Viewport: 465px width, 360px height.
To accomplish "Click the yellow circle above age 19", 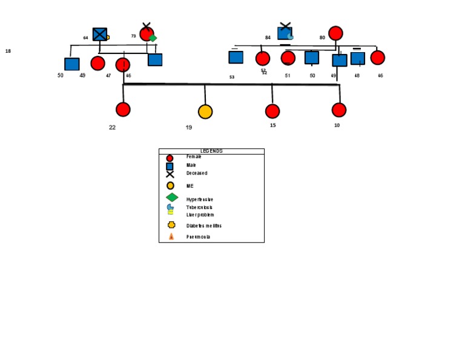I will (x=205, y=112).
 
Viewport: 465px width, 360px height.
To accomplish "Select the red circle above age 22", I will (x=123, y=110).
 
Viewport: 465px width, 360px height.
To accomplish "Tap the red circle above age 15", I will (x=272, y=112).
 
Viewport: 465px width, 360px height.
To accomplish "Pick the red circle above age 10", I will (x=339, y=110).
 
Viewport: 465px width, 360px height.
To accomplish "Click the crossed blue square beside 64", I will (x=100, y=35).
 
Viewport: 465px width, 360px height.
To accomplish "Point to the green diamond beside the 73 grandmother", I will (x=153, y=38).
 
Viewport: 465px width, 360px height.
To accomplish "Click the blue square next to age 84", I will (x=285, y=33).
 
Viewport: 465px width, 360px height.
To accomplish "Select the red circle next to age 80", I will (x=335, y=33).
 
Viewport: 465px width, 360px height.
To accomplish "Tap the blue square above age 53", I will (x=236, y=58).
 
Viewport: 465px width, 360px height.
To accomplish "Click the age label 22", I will (x=112, y=127).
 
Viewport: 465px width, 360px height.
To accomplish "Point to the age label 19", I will (x=189, y=127).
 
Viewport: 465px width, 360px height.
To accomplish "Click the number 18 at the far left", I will (x=8, y=52).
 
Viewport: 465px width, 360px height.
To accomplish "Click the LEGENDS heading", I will (x=211, y=151).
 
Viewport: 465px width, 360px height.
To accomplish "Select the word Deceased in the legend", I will (x=197, y=173).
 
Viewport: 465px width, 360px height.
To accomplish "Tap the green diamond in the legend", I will (x=172, y=198).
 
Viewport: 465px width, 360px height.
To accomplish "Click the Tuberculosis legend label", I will (x=200, y=207).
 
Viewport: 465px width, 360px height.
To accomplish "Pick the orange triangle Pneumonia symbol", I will (x=171, y=236).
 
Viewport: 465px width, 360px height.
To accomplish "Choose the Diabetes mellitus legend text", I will (x=204, y=225).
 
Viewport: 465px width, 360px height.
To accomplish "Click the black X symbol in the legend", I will (x=170, y=174).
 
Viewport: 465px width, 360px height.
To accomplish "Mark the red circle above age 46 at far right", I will (x=377, y=58).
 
